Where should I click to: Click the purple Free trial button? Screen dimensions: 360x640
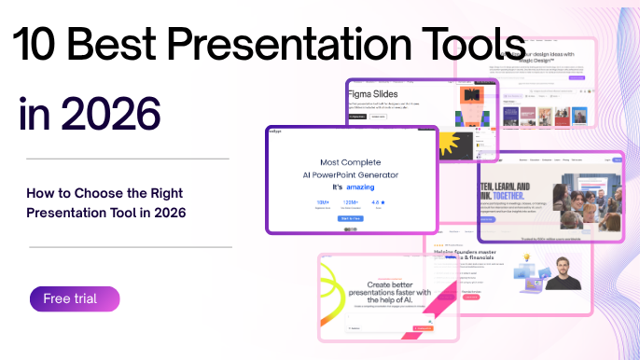tap(75, 299)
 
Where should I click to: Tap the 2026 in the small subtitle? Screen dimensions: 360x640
tap(171, 213)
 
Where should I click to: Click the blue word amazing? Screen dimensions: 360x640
tap(360, 187)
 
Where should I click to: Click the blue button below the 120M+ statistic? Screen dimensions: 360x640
tap(351, 218)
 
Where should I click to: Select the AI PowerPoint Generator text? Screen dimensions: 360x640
tap(352, 174)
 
